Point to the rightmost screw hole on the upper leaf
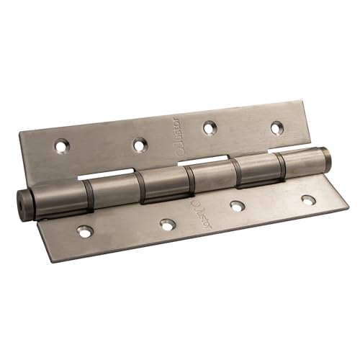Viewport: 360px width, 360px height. (x=276, y=127)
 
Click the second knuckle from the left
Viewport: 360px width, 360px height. (x=112, y=191)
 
